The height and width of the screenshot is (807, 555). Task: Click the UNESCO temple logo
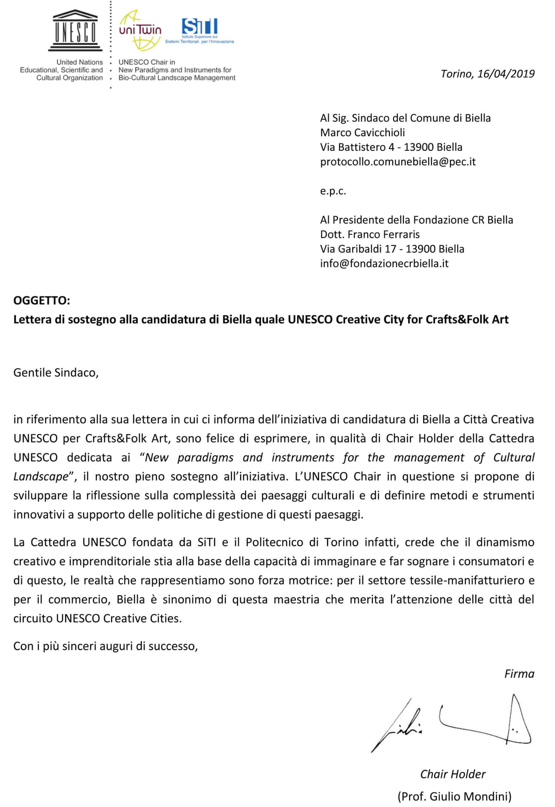(x=75, y=30)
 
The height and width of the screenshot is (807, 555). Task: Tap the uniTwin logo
(x=140, y=30)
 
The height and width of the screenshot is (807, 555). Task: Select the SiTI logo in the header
(x=200, y=30)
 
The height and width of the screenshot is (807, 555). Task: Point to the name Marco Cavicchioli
(x=362, y=133)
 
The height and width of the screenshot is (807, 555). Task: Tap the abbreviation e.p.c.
(x=333, y=191)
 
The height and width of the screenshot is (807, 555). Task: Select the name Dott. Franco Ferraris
(x=370, y=234)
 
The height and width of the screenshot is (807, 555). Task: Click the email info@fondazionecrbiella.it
(x=384, y=264)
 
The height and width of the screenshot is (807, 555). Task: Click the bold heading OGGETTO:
(x=42, y=300)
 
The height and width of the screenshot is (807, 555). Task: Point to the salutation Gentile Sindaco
(x=56, y=373)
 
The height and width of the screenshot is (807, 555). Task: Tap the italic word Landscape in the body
(x=41, y=476)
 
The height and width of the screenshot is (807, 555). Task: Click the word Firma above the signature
(x=519, y=674)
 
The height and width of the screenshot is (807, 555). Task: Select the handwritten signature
(x=452, y=723)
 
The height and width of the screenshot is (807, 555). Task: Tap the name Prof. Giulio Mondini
(x=455, y=796)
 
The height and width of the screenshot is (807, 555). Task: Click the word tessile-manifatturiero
(x=467, y=580)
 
